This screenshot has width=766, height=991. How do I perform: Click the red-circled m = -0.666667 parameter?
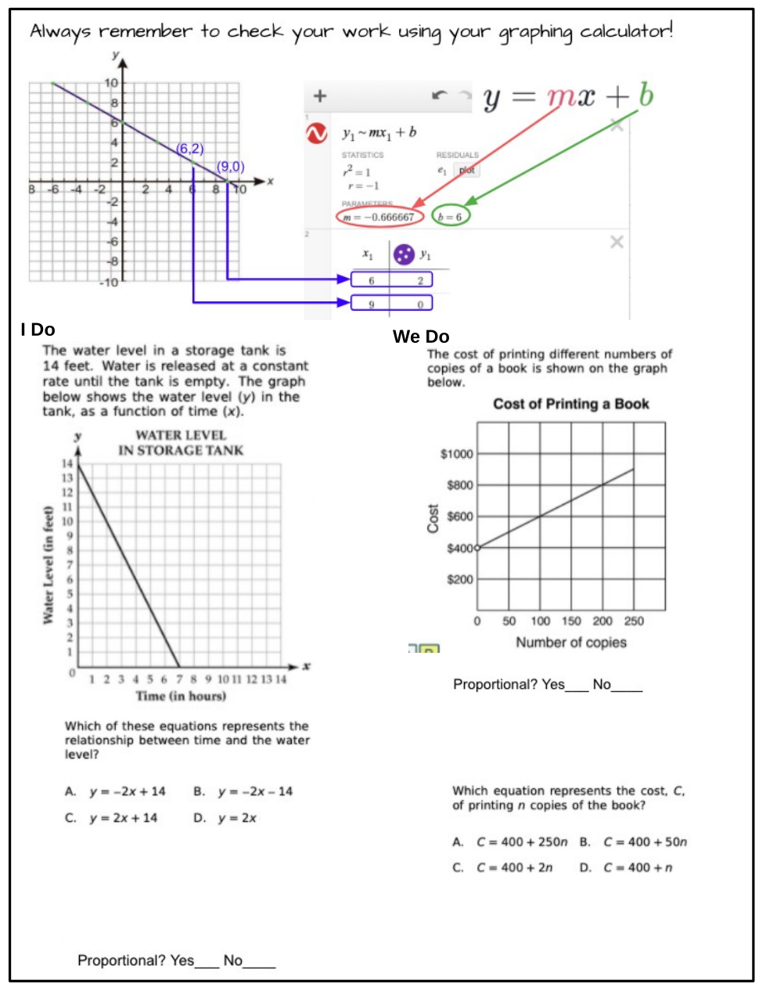(x=379, y=217)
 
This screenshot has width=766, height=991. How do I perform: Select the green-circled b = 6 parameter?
(x=451, y=217)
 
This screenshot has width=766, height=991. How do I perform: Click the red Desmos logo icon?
(x=316, y=134)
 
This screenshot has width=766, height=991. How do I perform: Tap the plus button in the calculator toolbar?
(x=319, y=96)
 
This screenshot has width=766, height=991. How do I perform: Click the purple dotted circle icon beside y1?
(x=404, y=254)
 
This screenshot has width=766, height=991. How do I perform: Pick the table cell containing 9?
(x=371, y=303)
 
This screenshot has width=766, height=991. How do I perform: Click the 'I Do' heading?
(x=38, y=330)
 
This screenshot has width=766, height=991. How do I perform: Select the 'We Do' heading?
(x=421, y=337)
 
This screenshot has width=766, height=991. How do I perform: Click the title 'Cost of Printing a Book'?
(x=570, y=404)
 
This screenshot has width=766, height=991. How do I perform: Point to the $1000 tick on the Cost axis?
(x=458, y=454)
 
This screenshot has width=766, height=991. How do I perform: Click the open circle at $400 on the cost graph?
(x=477, y=548)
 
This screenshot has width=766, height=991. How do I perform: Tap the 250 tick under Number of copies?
(x=634, y=622)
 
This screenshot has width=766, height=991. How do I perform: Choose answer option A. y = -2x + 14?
(x=116, y=791)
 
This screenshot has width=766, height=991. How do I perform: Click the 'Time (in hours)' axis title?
(x=181, y=696)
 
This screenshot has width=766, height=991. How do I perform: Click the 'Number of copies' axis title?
(x=571, y=643)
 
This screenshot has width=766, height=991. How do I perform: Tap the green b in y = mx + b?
(x=646, y=96)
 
